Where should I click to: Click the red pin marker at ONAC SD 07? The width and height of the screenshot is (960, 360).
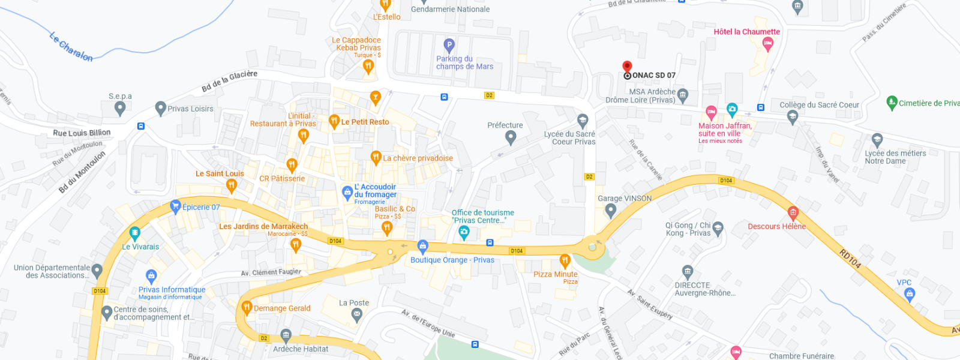(627, 67)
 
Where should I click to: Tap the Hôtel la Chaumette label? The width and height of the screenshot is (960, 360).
(746, 32)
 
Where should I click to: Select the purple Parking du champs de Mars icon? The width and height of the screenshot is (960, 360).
(449, 45)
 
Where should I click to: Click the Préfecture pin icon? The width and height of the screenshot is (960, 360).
(511, 137)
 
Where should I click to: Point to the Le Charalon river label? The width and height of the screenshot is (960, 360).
(71, 47)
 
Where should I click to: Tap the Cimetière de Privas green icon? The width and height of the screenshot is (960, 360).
(892, 102)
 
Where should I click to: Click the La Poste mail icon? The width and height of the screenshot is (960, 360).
(356, 314)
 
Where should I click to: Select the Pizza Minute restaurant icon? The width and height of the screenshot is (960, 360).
(565, 260)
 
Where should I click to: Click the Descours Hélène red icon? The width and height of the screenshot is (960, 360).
(793, 212)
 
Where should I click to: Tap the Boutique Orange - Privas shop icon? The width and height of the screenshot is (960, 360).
(422, 246)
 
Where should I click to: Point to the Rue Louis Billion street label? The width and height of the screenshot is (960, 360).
(82, 133)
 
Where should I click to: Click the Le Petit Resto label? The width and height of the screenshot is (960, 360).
(365, 122)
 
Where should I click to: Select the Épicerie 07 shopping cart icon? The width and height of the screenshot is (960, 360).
(175, 206)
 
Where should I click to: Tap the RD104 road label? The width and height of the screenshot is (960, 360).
(850, 259)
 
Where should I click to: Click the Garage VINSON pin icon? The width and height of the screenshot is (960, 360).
(610, 210)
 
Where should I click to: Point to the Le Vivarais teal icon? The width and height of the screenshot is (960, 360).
(134, 233)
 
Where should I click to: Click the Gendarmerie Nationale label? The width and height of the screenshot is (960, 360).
(450, 10)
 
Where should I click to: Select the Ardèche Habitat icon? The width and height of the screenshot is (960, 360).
(286, 335)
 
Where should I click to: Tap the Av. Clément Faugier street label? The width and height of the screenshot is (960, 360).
(271, 272)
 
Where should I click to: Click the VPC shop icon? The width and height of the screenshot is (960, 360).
(910, 293)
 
